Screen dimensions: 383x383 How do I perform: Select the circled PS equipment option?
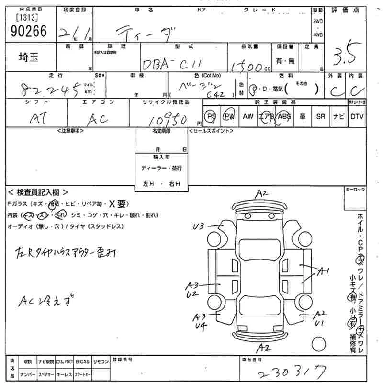[211, 116]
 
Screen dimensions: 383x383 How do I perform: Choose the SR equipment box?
[320, 116]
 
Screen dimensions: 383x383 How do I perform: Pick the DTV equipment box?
[356, 116]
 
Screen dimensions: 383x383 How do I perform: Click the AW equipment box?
[248, 116]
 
